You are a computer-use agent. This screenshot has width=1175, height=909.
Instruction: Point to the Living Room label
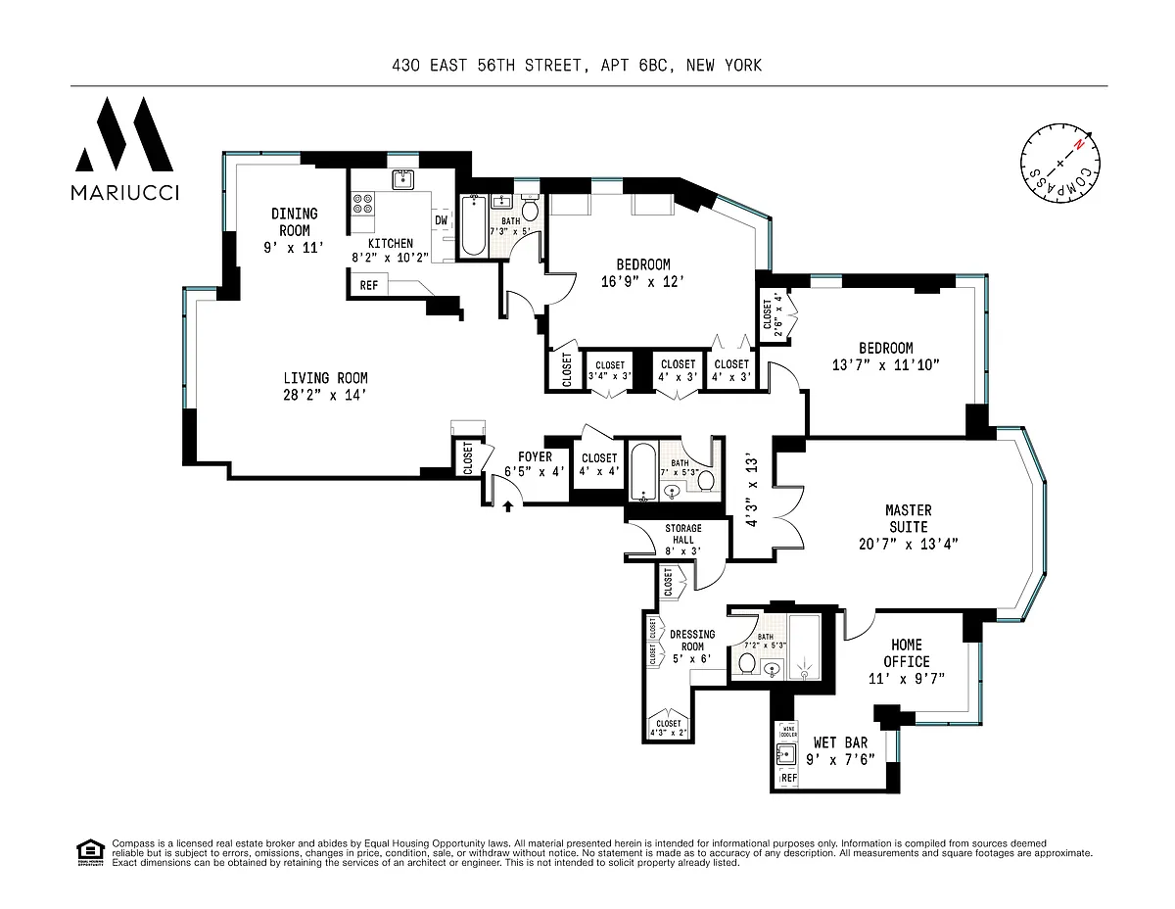(x=325, y=386)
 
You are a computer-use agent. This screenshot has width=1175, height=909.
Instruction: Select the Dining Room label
(x=294, y=230)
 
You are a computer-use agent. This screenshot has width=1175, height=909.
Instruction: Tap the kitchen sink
(x=401, y=179)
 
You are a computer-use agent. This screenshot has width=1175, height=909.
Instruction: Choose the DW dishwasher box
(x=442, y=221)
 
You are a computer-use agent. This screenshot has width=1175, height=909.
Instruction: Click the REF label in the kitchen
(x=369, y=286)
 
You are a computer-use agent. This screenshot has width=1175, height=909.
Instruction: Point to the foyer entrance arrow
(x=508, y=506)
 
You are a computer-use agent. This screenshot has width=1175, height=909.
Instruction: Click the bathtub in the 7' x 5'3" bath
(x=643, y=472)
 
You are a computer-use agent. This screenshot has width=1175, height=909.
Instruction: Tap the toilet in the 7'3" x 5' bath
(x=530, y=211)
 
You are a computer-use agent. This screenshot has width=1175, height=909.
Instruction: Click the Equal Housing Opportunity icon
(x=90, y=851)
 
